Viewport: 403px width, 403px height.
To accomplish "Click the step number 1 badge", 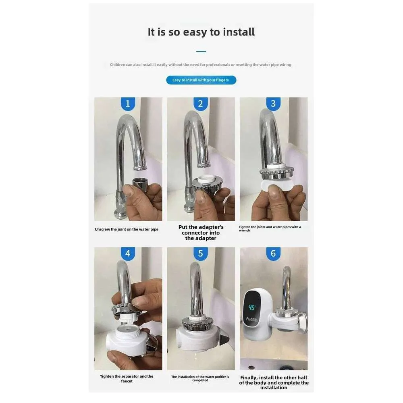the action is point(128,104).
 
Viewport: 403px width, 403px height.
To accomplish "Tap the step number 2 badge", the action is point(200,104).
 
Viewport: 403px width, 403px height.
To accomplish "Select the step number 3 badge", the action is point(273,104).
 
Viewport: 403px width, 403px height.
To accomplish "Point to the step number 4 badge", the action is point(128,253).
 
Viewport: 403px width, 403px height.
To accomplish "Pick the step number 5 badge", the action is point(200,253).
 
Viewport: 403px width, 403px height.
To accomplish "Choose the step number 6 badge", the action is point(273,253).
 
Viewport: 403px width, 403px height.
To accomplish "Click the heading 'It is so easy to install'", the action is point(201,32).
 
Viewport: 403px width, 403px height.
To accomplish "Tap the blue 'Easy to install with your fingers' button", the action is point(201,80).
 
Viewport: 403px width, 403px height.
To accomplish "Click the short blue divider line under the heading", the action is point(201,52).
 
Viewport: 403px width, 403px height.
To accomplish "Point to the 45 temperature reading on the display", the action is point(251,307).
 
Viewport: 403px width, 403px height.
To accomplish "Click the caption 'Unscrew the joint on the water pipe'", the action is point(127,229).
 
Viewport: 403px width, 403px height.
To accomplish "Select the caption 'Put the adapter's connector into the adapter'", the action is point(201,233).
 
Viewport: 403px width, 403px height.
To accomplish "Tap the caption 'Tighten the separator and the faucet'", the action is point(127,378).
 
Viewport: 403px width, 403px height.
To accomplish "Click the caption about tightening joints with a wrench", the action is point(270,229).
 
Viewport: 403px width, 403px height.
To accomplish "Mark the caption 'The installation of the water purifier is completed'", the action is point(200,378).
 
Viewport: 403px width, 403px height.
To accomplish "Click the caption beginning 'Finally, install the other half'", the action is point(274,383).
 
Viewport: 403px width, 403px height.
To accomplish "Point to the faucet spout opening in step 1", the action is point(140,168).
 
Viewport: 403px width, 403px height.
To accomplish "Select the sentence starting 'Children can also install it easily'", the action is point(200,64).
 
